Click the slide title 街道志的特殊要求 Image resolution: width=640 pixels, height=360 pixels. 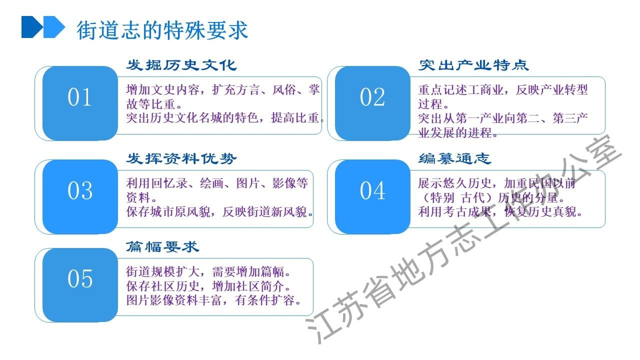click(x=162, y=30)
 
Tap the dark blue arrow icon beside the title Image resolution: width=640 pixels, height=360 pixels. click(x=32, y=27)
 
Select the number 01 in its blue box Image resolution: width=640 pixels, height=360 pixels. click(x=79, y=97)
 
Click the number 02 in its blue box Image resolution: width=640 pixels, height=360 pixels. click(x=372, y=97)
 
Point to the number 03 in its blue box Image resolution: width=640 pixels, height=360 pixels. click(x=80, y=191)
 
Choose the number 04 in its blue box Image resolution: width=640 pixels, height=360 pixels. click(x=372, y=191)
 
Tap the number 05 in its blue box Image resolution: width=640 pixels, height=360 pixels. click(x=80, y=279)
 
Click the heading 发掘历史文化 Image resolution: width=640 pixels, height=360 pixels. click(x=181, y=65)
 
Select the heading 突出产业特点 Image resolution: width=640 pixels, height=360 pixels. click(x=473, y=65)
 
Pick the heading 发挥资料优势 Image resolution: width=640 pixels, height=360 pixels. click(x=181, y=158)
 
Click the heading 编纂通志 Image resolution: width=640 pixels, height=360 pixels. click(x=455, y=158)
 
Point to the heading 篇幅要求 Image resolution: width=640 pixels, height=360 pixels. click(x=162, y=247)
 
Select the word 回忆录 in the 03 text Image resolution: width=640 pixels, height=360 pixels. click(x=169, y=183)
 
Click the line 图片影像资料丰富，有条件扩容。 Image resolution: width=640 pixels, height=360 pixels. click(x=213, y=300)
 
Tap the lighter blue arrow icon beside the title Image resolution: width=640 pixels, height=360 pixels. click(x=54, y=27)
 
